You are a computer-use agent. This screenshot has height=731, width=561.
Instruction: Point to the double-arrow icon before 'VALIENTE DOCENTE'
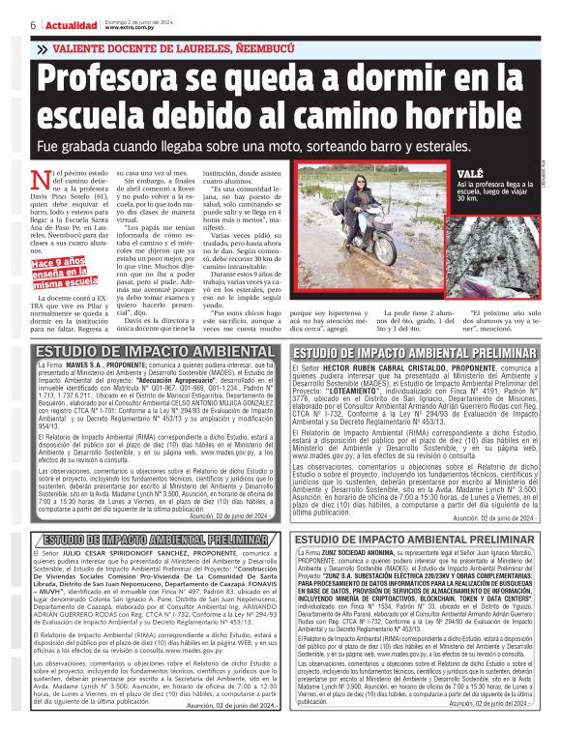click(42, 49)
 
